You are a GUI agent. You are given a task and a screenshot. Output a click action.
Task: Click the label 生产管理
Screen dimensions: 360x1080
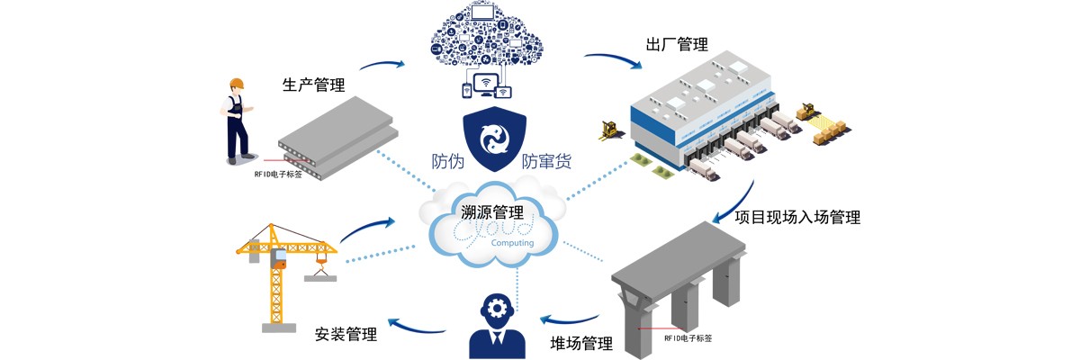coord(313,85)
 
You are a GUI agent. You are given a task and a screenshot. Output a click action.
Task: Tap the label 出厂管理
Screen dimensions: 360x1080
coord(677,44)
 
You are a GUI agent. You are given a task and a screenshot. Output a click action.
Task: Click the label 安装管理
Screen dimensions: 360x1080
coord(346,335)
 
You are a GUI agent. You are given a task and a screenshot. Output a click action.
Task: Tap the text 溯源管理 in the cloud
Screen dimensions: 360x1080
coord(490,213)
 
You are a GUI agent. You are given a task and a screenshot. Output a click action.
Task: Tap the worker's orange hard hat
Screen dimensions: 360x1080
coord(237,84)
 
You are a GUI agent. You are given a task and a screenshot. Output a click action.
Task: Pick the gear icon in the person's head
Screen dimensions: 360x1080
coord(496,309)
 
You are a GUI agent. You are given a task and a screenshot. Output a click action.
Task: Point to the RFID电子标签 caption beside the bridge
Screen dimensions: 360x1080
coord(688,337)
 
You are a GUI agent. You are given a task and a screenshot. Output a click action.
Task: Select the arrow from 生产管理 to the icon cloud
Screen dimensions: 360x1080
coord(382,64)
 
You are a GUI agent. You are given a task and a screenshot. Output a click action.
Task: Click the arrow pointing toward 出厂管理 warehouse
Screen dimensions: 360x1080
coord(611,62)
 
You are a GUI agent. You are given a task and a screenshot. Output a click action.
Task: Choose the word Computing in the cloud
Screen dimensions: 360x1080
coord(512,243)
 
